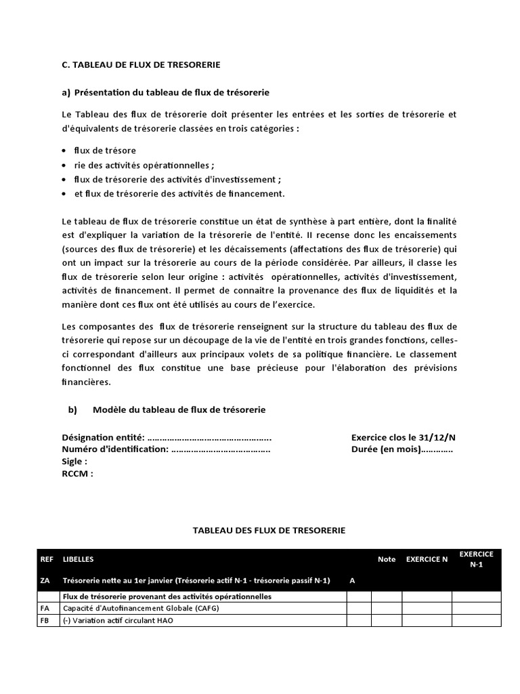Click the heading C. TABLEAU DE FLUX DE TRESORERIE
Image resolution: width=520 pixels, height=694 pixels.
point(141,64)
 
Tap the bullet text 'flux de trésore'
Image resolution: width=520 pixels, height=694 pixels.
point(105,150)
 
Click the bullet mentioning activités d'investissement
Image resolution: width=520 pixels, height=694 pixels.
point(177,180)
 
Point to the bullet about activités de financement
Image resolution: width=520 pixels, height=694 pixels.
point(179,194)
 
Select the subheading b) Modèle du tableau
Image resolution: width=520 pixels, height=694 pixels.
point(167,410)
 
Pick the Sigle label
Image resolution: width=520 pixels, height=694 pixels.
point(74,462)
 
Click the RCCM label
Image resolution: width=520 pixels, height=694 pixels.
point(77,474)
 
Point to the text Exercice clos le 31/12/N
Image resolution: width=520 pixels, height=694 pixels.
point(403,438)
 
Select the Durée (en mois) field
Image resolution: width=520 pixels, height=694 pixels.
point(402,449)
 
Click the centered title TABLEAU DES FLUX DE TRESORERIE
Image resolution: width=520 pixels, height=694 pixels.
point(269,530)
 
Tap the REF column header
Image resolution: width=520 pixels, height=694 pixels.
point(47,559)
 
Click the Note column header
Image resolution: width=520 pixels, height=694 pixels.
point(387,559)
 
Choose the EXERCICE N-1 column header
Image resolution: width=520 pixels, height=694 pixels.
point(476,559)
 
